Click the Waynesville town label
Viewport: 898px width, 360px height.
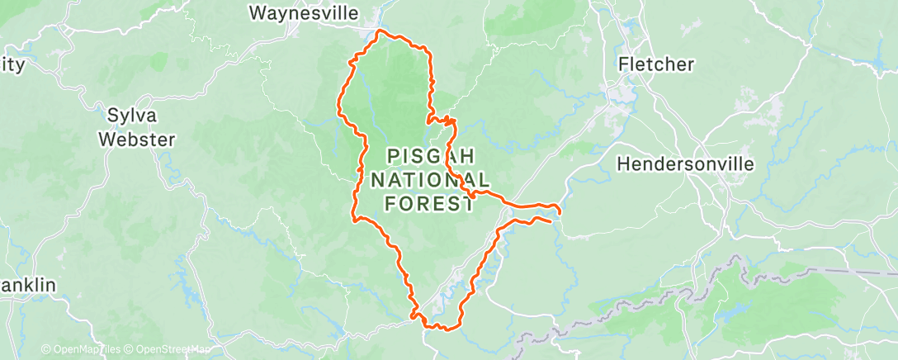click(x=305, y=13)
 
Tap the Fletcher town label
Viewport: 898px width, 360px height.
click(x=656, y=64)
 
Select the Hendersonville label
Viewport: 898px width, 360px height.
click(x=686, y=164)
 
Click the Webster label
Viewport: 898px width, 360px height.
click(x=137, y=140)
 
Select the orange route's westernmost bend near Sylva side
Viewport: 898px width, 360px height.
click(x=338, y=106)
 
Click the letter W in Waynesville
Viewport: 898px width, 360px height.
click(x=258, y=13)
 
